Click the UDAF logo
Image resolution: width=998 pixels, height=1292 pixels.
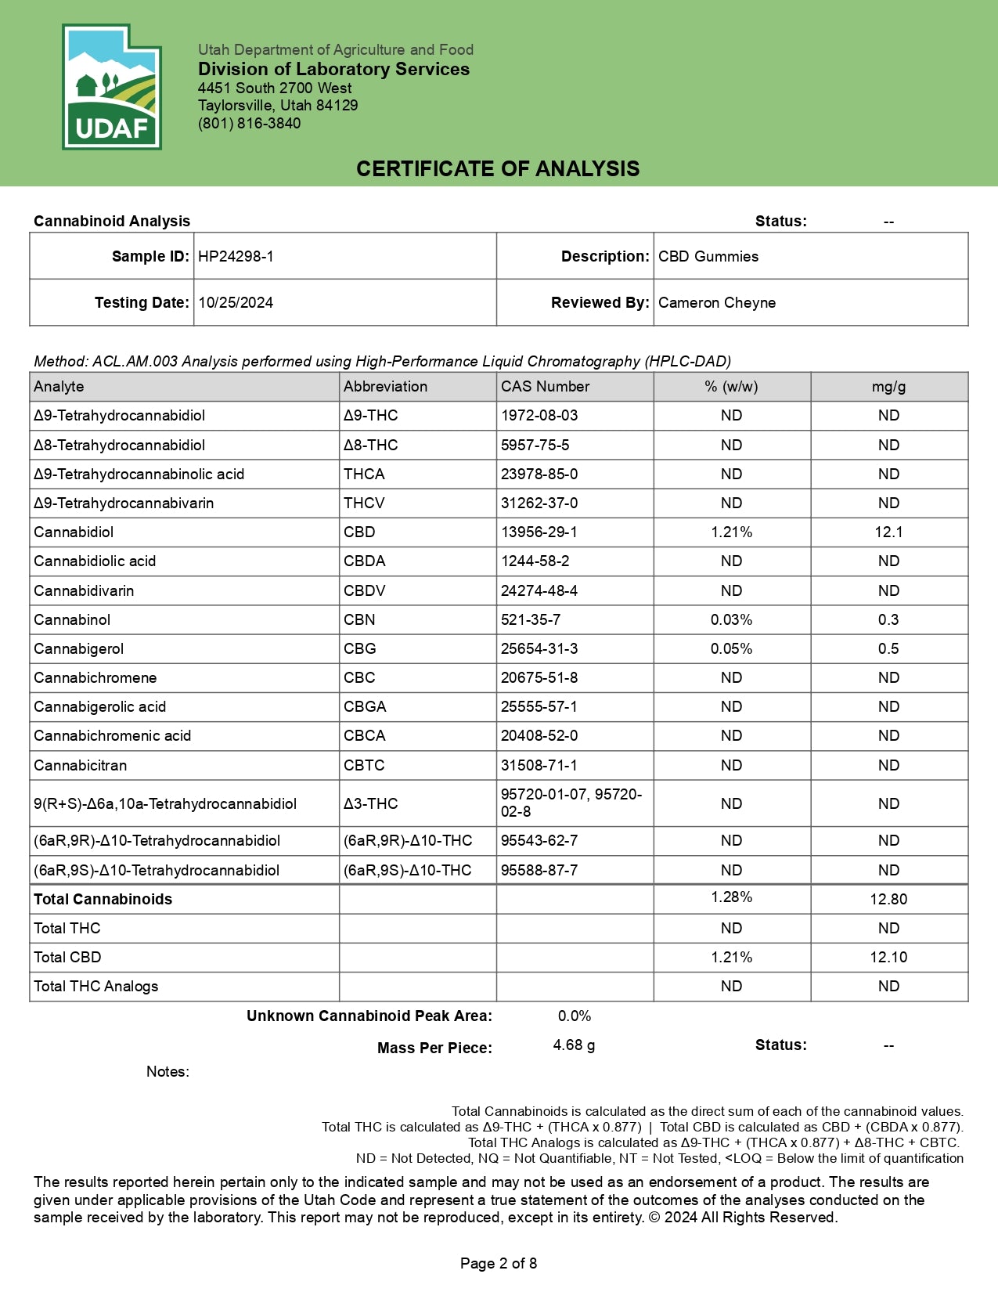pos(111,87)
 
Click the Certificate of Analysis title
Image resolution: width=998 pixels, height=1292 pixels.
pos(498,169)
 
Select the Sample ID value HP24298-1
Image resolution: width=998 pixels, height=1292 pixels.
pos(236,257)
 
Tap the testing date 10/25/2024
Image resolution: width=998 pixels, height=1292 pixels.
pos(236,303)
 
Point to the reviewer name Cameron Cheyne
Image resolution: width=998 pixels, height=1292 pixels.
pos(717,303)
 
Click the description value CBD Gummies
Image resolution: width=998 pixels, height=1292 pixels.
pos(708,257)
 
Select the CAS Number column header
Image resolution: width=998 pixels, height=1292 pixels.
pos(546,387)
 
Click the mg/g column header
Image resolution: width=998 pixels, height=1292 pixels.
pos(888,387)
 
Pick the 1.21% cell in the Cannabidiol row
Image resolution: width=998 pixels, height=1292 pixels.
pos(731,532)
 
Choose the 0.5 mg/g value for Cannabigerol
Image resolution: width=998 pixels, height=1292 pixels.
pos(888,649)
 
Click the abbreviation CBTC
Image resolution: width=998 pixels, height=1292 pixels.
pos(364,766)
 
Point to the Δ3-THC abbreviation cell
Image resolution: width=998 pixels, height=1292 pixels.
pos(371,804)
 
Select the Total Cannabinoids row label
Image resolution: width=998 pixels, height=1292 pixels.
pos(103,900)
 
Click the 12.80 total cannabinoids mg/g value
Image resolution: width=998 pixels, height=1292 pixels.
pos(888,900)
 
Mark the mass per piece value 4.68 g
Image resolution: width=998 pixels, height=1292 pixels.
pos(574,1045)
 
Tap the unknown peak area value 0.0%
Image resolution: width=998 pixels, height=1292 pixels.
pos(574,1016)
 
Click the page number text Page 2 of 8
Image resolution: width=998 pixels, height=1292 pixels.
pos(499,1264)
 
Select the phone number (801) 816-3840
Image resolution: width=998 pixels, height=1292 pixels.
pos(249,124)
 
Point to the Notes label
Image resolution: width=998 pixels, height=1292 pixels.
pos(168,1072)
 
